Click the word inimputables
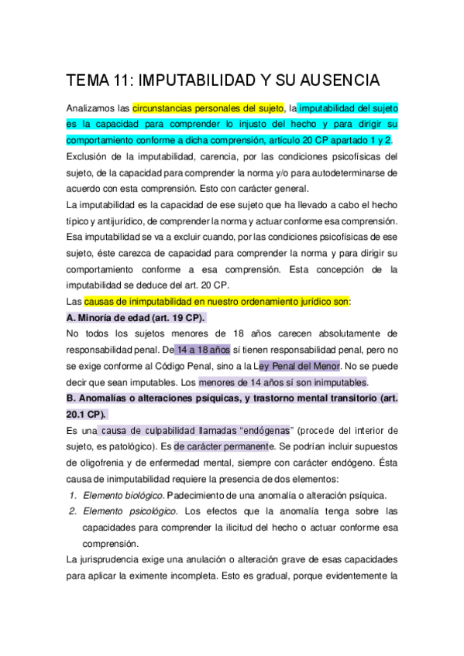point(337,382)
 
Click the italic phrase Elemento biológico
point(123,495)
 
